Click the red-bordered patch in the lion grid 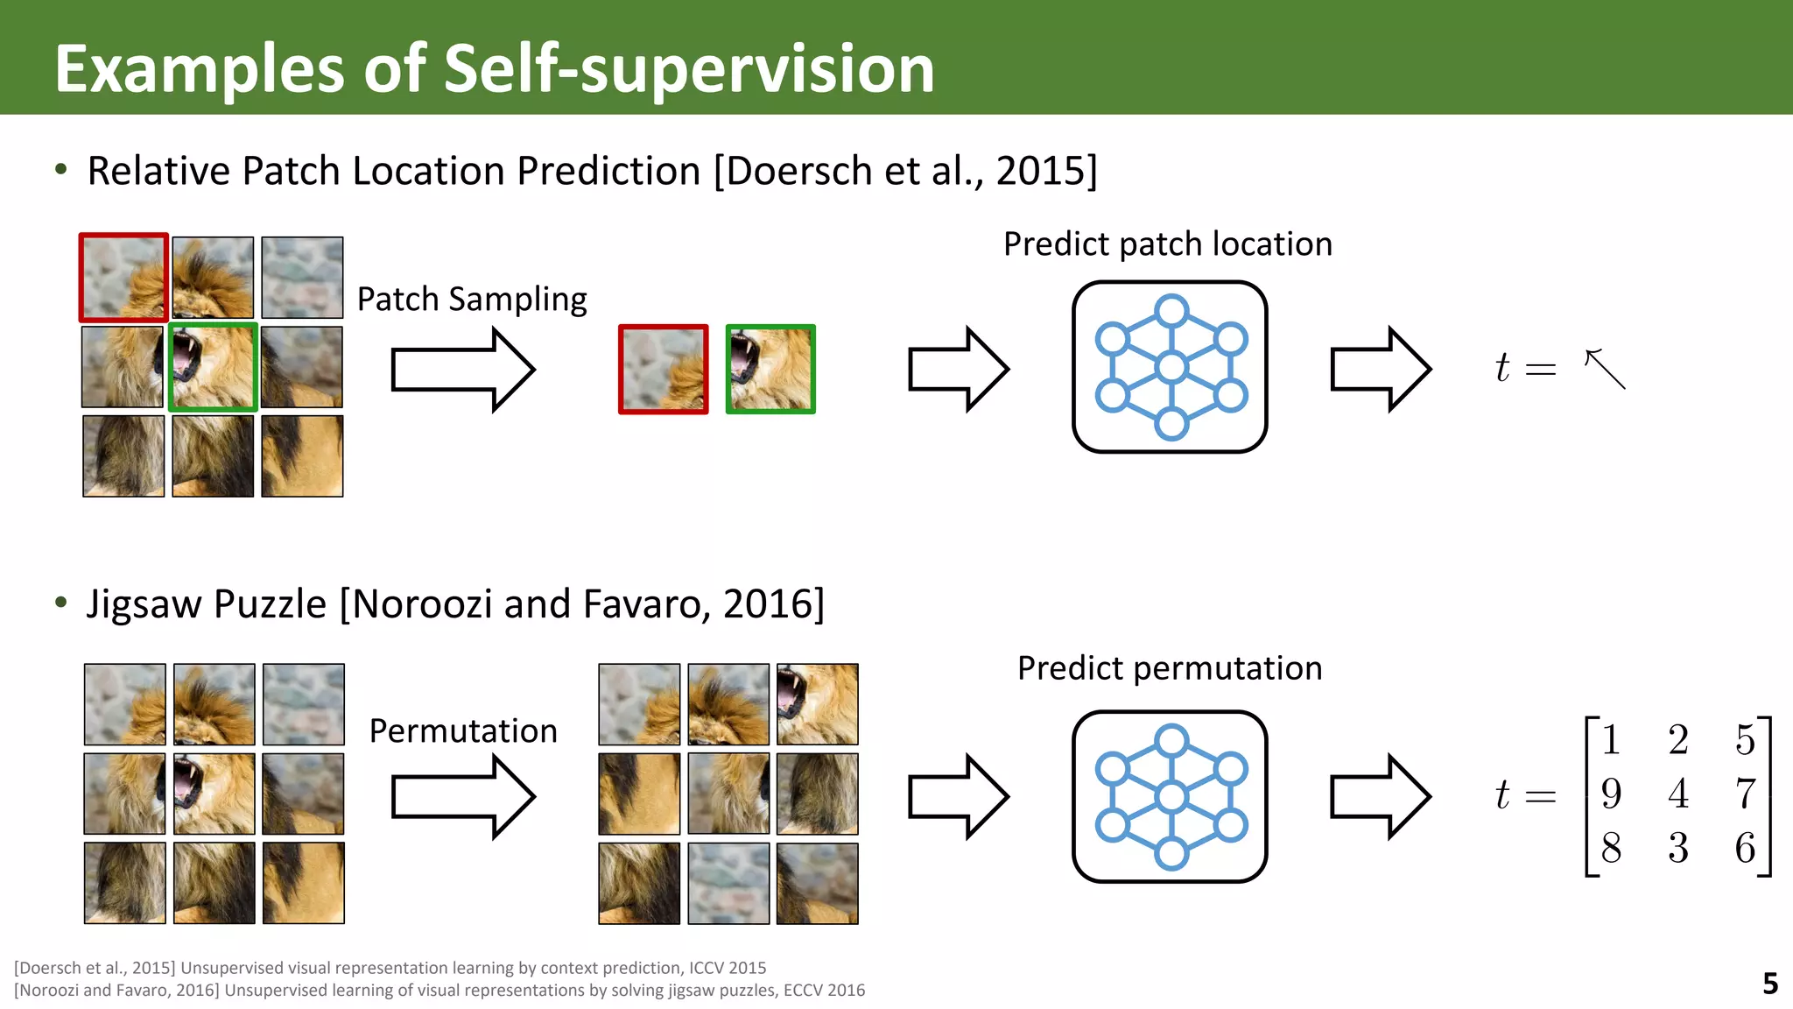[x=123, y=278]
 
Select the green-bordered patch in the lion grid [x=213, y=367]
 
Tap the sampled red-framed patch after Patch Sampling [x=663, y=369]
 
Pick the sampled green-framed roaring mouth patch [x=770, y=369]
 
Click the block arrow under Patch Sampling [x=462, y=370]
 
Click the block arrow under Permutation [x=462, y=796]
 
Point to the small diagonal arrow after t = [x=1605, y=369]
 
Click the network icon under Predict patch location [x=1170, y=367]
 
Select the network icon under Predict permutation [x=1170, y=796]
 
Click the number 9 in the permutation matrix [x=1611, y=794]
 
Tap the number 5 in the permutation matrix [x=1745, y=740]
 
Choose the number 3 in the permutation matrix [x=1677, y=848]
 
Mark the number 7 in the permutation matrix [x=1745, y=794]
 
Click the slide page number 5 [x=1769, y=984]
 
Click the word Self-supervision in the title [x=689, y=68]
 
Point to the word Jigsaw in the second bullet [x=144, y=604]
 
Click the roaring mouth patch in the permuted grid [x=818, y=704]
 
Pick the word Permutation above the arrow [x=463, y=730]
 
